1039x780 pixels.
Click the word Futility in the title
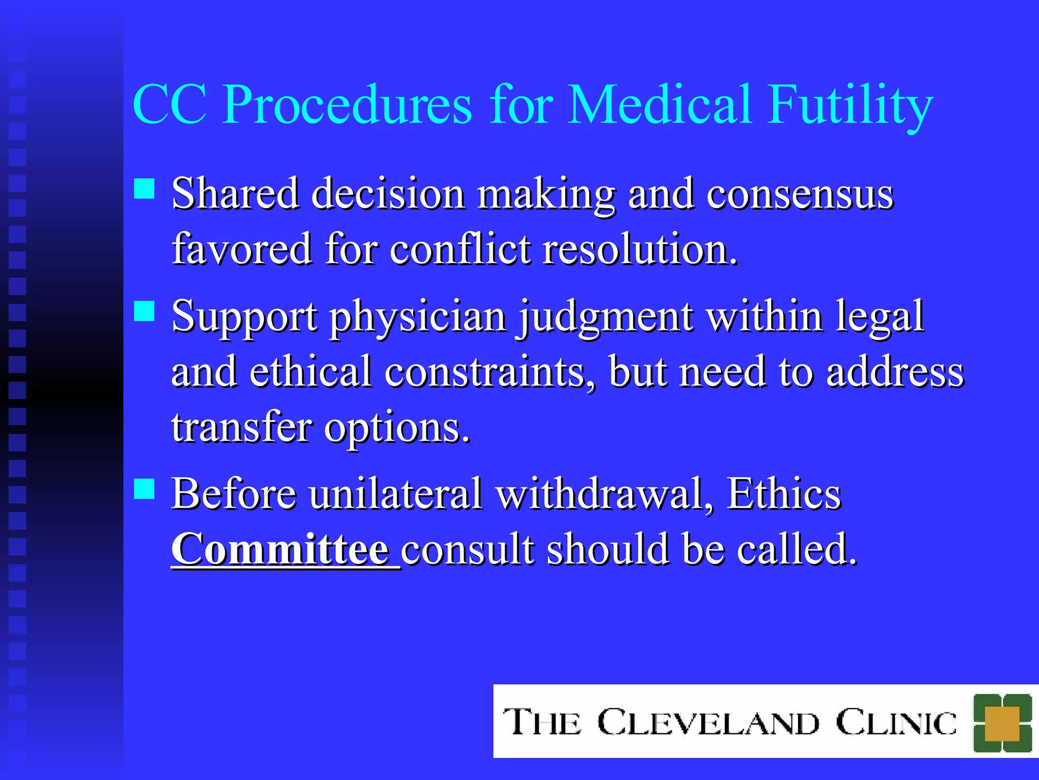click(x=850, y=105)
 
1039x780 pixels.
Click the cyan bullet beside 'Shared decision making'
click(x=144, y=188)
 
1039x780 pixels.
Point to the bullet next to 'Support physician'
click(x=144, y=311)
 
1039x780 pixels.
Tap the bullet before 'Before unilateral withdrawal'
click(x=144, y=489)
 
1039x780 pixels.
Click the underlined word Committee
click(x=281, y=550)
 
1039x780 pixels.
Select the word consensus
click(x=800, y=194)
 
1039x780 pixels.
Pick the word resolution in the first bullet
click(x=640, y=250)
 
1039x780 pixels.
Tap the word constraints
click(x=490, y=372)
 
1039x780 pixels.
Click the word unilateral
click(x=396, y=494)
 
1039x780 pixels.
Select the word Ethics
click(x=784, y=494)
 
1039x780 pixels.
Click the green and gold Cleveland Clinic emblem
click(x=1002, y=723)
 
